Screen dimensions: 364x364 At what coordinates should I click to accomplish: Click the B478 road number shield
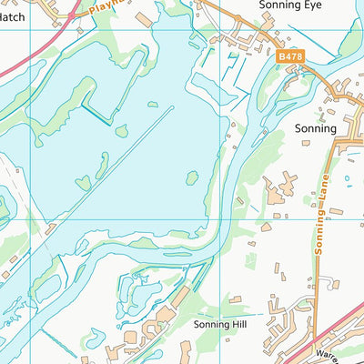pos(290,56)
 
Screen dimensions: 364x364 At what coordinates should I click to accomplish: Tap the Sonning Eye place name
pos(290,5)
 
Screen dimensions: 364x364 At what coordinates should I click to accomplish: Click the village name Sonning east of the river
pos(316,129)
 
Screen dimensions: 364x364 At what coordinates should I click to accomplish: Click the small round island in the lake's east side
pos(192,177)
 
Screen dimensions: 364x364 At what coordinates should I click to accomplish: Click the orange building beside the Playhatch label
pos(145,19)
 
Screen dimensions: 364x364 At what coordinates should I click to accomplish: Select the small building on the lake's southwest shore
pos(51,229)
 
